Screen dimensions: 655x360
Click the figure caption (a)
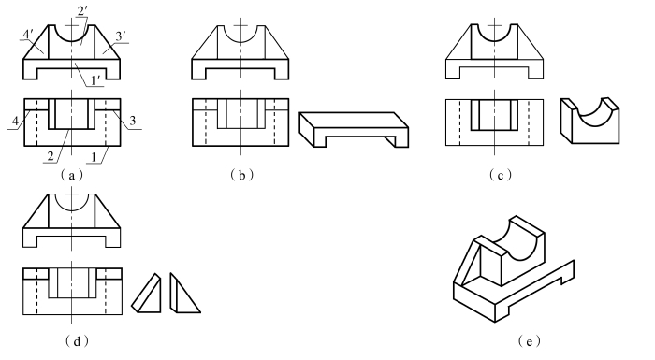click(x=71, y=175)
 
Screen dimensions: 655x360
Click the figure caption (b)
click(x=241, y=175)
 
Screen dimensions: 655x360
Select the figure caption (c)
click(x=500, y=175)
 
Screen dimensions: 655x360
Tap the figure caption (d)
click(x=77, y=341)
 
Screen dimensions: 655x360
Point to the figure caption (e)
click(x=529, y=341)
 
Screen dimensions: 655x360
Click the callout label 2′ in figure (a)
click(x=82, y=11)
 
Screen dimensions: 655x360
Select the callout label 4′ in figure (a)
click(x=27, y=35)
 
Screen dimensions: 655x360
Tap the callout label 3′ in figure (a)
click(x=121, y=36)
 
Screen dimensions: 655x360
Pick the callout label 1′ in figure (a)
click(x=95, y=80)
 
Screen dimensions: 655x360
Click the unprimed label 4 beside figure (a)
click(x=15, y=122)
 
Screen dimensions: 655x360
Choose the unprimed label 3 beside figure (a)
click(x=133, y=122)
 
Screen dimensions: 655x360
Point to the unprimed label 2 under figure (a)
click(x=51, y=156)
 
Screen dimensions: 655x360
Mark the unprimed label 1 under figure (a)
click(x=94, y=157)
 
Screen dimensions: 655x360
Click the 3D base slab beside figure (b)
click(x=354, y=129)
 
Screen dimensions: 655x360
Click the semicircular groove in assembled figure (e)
click(x=522, y=242)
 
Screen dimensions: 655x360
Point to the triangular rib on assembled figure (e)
click(x=467, y=263)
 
